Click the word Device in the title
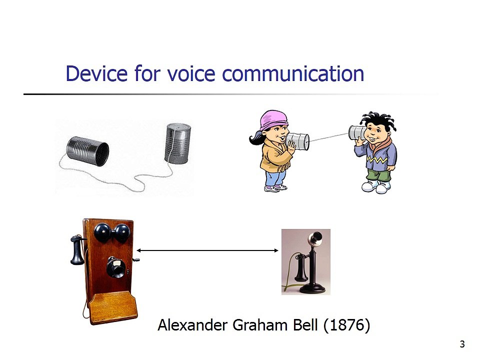pos(96,74)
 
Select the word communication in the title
pos(293,74)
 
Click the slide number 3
pos(462,344)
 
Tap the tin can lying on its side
pos(87,151)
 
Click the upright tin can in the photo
pos(177,143)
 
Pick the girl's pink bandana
pos(273,119)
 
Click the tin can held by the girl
pos(297,141)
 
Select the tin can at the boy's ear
pos(357,132)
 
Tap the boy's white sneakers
pos(376,186)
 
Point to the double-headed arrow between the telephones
pos(207,250)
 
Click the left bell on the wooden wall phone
pos(102,232)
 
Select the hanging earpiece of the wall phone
pos(77,249)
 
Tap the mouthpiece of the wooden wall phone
pos(116,267)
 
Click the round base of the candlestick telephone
pos(312,288)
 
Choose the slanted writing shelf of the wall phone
pos(112,307)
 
